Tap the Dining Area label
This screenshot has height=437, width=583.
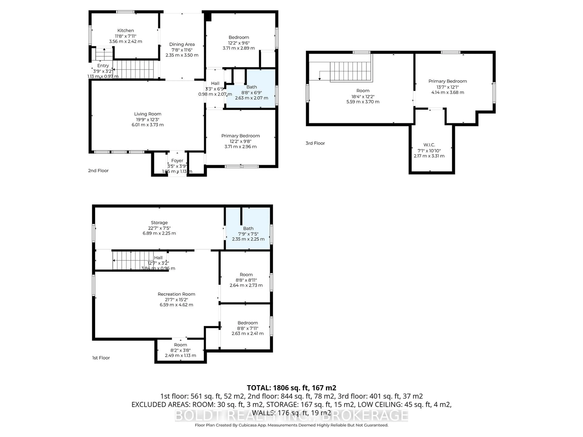tap(182, 44)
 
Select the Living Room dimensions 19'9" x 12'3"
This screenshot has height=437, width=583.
tap(148, 119)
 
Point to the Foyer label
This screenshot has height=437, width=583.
tap(177, 160)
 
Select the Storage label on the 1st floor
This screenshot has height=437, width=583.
tap(159, 223)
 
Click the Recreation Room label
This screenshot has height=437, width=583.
tap(176, 294)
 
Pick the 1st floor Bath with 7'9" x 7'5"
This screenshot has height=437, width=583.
tap(248, 234)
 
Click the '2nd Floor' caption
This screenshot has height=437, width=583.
tap(98, 171)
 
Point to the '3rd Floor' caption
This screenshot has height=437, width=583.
tap(315, 143)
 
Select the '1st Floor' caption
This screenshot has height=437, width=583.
tap(101, 358)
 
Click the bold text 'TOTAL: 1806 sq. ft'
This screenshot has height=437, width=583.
tap(291, 388)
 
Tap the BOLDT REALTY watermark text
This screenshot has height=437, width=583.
tap(291, 415)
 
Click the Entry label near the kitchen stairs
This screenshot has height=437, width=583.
tap(103, 66)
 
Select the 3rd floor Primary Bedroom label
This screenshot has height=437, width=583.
tap(448, 81)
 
